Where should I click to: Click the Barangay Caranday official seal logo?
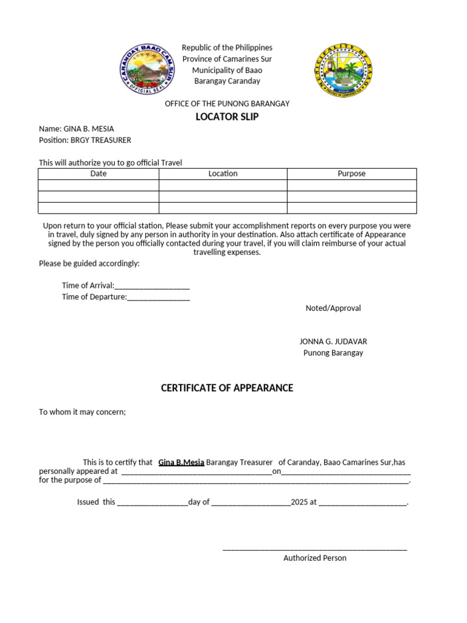point(145,71)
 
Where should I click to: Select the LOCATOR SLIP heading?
point(227,117)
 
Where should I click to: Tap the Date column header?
point(99,174)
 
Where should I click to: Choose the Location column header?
point(223,174)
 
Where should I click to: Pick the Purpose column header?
point(351,174)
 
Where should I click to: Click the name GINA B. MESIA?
point(89,129)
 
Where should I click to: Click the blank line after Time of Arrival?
point(152,286)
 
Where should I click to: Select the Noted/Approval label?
point(333,308)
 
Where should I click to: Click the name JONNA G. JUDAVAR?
point(333,342)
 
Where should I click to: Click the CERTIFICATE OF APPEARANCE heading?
point(227,388)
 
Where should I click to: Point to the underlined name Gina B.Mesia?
point(181,462)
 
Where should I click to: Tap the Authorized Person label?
point(314,558)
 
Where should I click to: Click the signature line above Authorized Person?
point(314,549)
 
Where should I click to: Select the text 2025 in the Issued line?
point(299,503)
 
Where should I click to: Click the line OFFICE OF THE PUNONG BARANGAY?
point(227,104)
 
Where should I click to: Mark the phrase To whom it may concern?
point(82,412)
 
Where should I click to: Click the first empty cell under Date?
point(99,186)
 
